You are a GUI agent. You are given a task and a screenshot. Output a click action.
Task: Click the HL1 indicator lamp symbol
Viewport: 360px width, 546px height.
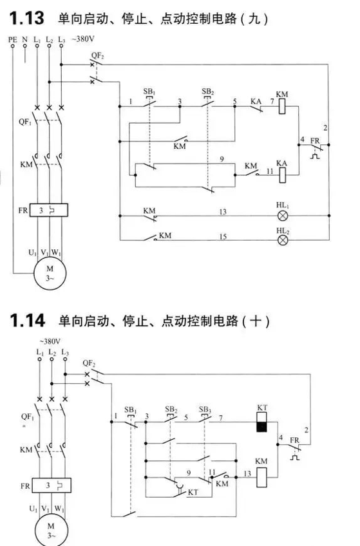point(283,216)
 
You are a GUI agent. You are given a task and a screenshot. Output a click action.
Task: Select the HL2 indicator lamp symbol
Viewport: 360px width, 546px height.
point(283,240)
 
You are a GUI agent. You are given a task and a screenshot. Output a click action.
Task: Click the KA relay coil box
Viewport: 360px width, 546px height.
point(282,175)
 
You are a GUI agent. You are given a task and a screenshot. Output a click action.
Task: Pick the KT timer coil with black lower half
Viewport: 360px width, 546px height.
point(262,422)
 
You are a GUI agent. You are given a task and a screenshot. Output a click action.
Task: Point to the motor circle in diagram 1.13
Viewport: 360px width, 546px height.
point(50,274)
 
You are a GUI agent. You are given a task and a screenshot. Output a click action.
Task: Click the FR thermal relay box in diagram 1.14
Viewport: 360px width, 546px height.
point(51,485)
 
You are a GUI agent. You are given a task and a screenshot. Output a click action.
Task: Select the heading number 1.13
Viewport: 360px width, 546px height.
point(27,18)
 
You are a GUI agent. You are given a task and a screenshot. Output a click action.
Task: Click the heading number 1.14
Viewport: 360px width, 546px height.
point(27,320)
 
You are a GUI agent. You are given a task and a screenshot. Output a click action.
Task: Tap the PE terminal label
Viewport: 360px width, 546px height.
point(12,39)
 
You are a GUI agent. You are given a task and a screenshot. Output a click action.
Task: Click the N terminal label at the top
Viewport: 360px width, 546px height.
point(24,39)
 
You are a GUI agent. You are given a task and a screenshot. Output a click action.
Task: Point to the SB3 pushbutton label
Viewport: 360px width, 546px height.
point(205,409)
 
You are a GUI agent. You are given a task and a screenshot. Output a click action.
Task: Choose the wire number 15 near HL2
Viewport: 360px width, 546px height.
point(223,236)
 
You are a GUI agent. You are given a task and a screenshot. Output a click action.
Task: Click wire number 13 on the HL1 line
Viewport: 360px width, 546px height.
point(223,212)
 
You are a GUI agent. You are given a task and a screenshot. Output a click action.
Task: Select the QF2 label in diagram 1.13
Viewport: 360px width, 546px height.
point(97,55)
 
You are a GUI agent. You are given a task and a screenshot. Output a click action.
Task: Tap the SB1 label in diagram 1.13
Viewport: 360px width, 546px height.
point(149,91)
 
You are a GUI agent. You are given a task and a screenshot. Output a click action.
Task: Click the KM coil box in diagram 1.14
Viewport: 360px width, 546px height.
point(261,477)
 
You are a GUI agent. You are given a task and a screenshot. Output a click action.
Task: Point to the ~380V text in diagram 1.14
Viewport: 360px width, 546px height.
point(50,341)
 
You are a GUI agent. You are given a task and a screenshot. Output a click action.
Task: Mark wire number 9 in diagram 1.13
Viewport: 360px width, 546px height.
point(222,160)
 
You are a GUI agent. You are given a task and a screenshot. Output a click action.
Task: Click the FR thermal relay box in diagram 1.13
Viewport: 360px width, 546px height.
point(49,211)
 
